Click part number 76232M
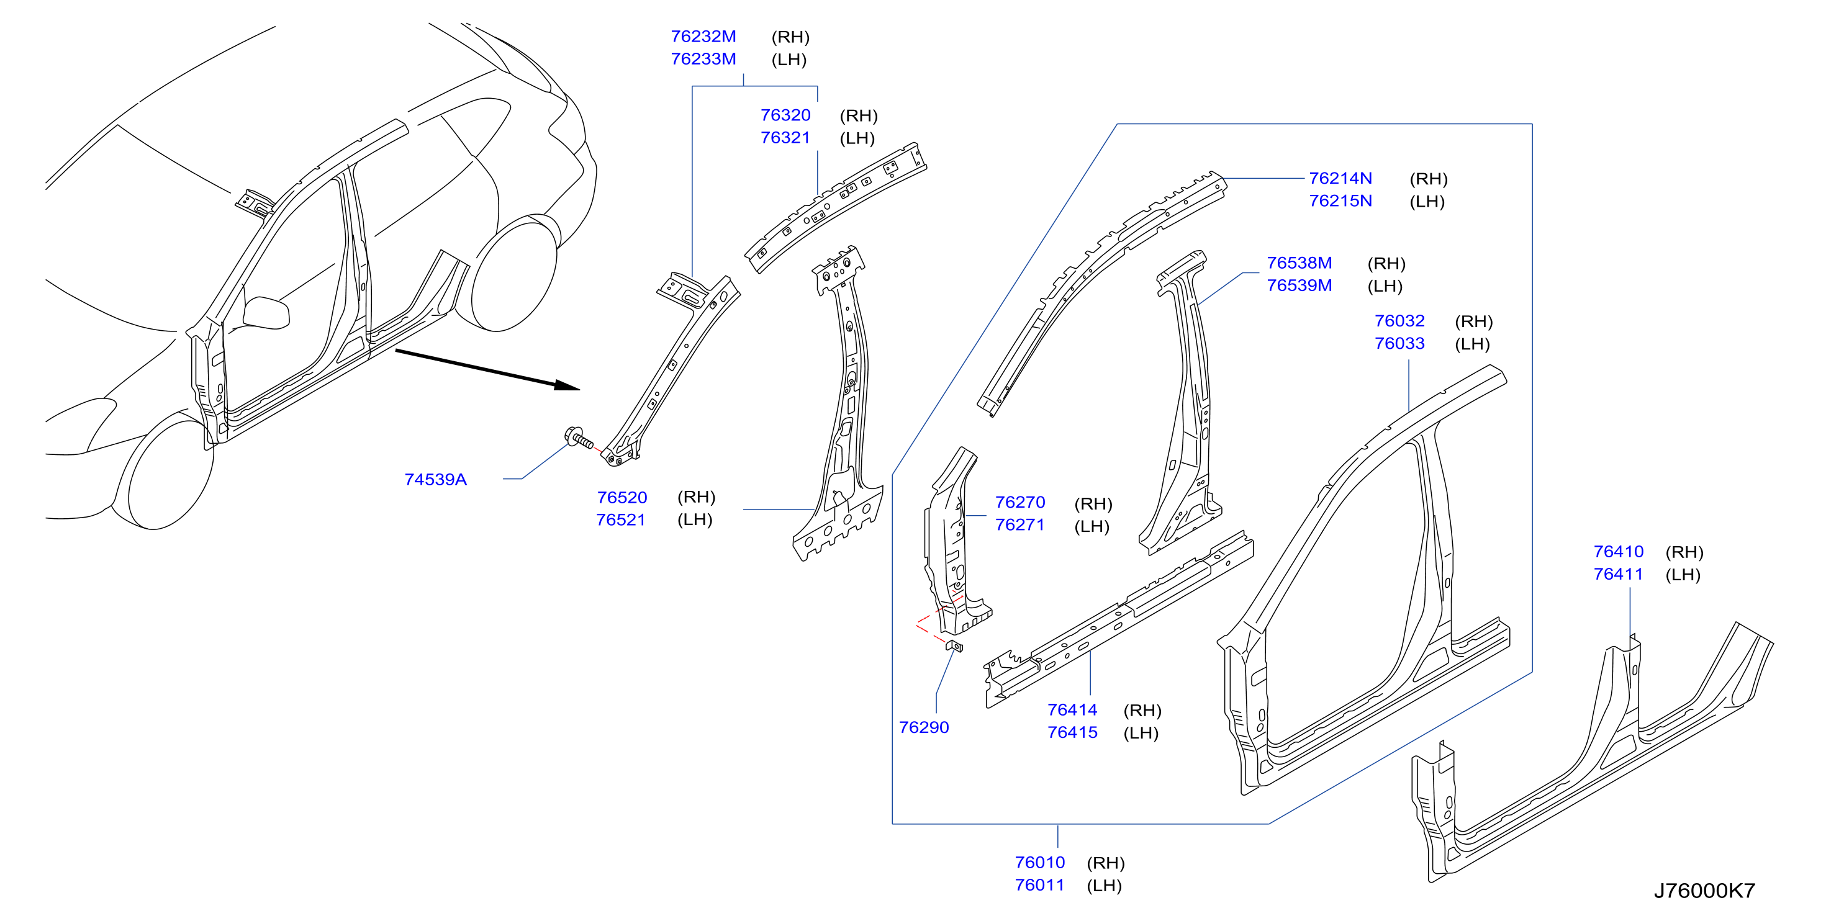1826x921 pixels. point(703,36)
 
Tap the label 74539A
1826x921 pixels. point(435,480)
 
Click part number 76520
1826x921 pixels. point(621,497)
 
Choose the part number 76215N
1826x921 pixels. point(1340,200)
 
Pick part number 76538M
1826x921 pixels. point(1299,263)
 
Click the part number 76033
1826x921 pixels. point(1399,344)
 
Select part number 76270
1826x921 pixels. point(1020,502)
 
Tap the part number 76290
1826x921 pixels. point(924,727)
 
